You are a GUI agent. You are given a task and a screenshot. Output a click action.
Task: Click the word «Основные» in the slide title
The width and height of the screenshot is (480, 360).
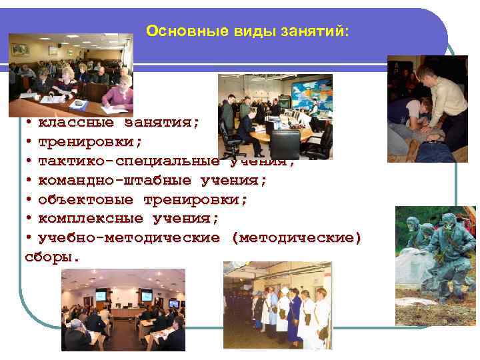click(175, 31)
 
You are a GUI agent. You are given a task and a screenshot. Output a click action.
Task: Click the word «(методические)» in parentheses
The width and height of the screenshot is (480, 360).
click(296, 238)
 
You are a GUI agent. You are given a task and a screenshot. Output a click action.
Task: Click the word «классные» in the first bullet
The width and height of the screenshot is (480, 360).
click(75, 123)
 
